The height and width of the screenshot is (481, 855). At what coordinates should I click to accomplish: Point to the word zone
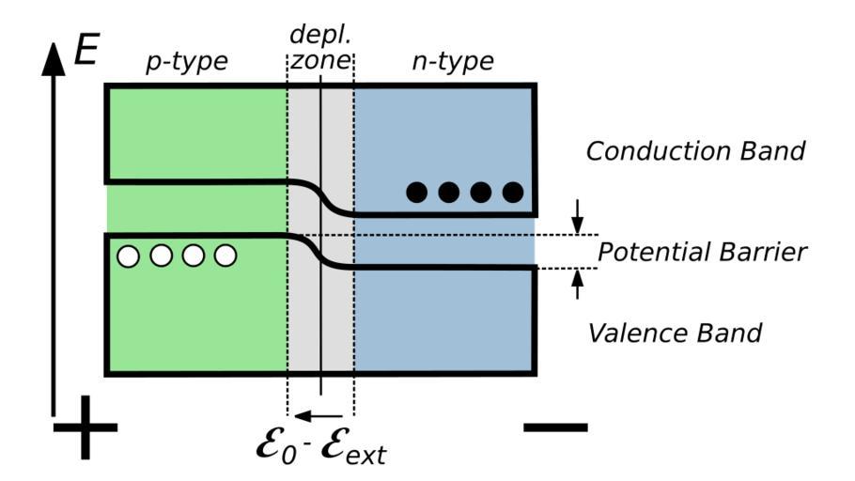319,63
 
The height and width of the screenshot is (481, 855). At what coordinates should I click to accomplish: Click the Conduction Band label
695,151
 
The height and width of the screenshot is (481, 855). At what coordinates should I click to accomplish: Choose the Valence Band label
675,332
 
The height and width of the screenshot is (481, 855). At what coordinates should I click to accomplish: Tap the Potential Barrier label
703,253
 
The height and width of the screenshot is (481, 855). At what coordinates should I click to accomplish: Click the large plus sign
85,427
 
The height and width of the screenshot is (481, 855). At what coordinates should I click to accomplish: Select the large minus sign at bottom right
555,427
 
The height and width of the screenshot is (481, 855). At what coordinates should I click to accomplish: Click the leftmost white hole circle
129,256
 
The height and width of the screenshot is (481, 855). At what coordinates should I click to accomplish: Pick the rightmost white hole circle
225,256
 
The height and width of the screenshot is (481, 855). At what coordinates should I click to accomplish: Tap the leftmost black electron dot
416,193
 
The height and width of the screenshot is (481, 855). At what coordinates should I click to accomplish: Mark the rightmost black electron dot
512,193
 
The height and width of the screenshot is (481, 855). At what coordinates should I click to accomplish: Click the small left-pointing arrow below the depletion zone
318,414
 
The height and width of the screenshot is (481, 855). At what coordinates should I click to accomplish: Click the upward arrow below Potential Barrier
578,284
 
